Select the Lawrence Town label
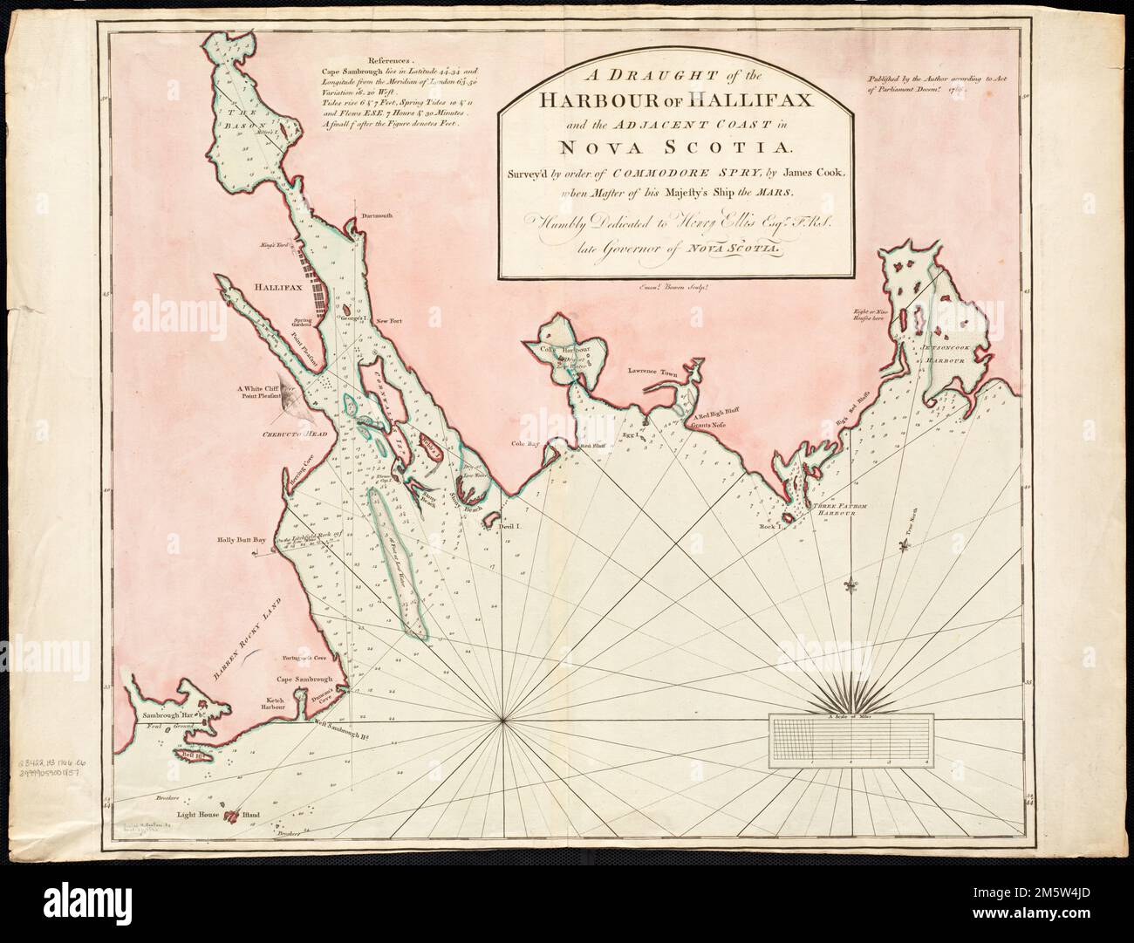tap(646, 370)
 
